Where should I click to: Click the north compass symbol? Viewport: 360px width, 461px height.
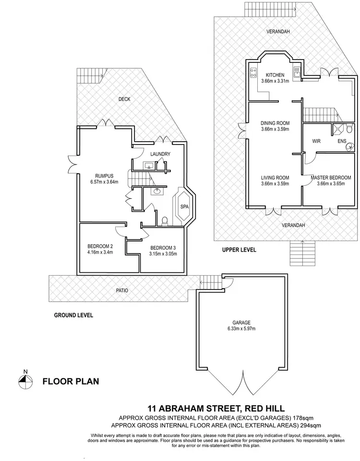pos(25,380)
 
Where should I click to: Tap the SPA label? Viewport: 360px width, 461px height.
pos(184,206)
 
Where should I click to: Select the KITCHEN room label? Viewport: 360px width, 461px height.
pos(273,75)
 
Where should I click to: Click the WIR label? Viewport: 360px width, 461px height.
pos(316,141)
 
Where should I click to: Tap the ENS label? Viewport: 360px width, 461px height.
pos(341,141)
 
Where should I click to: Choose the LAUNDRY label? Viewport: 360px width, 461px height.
pos(160,154)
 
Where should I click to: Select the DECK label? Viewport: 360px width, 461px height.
pos(124,99)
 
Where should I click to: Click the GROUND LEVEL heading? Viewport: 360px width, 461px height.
pos(73,315)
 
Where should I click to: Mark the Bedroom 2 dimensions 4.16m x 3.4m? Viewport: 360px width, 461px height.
pos(100,252)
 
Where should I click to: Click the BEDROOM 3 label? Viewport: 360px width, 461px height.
pos(160,248)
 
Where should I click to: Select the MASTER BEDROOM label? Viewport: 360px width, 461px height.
pos(331,178)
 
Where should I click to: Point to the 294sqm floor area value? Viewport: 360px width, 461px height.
pos(310,425)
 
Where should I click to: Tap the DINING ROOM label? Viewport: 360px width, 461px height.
pos(275,123)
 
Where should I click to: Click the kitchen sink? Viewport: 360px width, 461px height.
pos(298,73)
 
